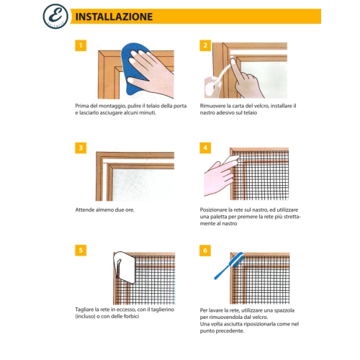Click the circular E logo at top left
pos(55,17)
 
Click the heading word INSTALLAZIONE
pos(114,17)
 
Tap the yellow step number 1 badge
pos(81,45)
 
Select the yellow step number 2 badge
pos(205,45)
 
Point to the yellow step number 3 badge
pos(81,148)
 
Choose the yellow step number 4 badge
pos(205,148)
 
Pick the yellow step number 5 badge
pos(81,251)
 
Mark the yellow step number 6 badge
pos(205,251)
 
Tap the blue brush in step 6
pos(228,266)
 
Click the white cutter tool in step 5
pos(125,267)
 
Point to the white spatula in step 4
pos(231,160)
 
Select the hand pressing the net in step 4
pos(220,178)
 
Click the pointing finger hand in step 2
pos(245,79)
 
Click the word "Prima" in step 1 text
pos(81,106)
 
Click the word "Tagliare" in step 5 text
pos(84,310)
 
